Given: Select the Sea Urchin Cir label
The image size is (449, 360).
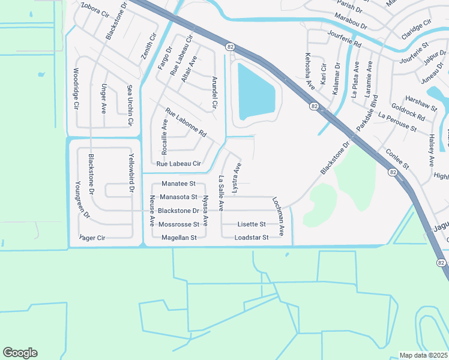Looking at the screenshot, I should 129,106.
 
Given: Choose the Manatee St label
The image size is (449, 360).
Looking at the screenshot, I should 179,183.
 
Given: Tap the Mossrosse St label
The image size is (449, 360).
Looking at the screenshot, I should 178,224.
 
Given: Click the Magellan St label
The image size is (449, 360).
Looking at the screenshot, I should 179,238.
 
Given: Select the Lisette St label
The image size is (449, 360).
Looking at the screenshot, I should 252,224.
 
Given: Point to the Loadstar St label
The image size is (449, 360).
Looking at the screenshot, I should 252,238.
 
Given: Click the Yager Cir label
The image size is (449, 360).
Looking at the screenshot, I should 92,238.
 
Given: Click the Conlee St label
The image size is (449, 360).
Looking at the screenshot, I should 397,158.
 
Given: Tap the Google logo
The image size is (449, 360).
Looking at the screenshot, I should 20,353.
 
